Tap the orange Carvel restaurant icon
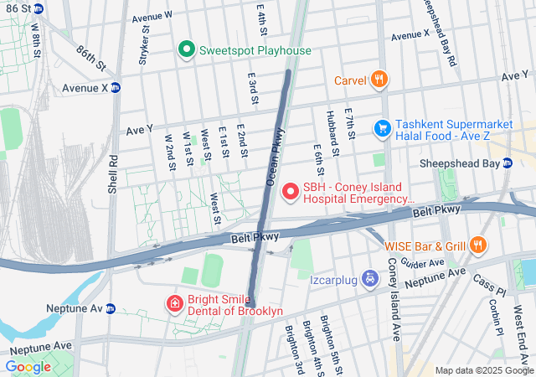click(x=379, y=80)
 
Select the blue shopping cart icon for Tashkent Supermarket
click(x=383, y=127)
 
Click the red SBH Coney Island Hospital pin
click(x=291, y=193)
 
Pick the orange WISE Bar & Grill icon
click(x=477, y=245)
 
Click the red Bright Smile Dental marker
click(x=174, y=302)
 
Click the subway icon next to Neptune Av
click(x=110, y=309)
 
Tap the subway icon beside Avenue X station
click(x=116, y=87)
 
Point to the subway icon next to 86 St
click(x=41, y=8)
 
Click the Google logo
click(x=28, y=366)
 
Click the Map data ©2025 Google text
click(x=483, y=370)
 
